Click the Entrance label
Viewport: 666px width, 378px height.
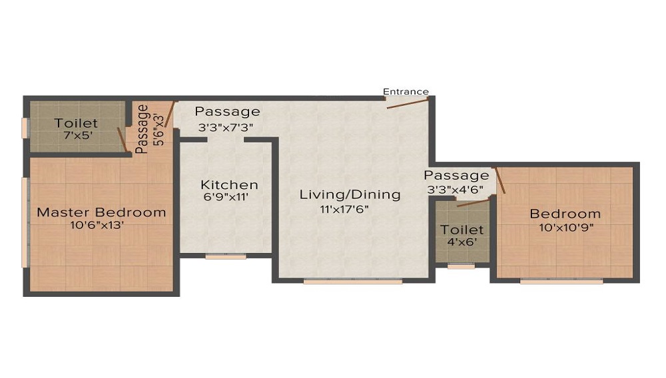pos(406,92)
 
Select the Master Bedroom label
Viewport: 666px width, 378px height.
pos(101,212)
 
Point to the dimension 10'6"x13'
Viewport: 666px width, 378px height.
pos(101,226)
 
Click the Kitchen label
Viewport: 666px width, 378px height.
pos(229,184)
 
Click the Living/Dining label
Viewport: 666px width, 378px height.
pos(350,194)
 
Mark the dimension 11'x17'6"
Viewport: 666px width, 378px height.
pos(344,208)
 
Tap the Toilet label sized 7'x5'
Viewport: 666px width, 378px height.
pos(76,123)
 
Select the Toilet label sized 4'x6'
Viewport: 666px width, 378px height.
pos(462,230)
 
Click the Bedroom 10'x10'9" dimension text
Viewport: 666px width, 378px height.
pos(565,227)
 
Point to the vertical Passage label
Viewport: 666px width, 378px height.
pos(142,129)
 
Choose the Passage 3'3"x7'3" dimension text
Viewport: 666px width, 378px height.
pos(226,126)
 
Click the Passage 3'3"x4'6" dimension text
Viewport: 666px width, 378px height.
pos(456,189)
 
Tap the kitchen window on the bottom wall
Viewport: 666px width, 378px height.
pos(226,256)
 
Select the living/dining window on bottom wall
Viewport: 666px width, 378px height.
pos(353,282)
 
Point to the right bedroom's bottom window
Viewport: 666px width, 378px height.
pos(561,282)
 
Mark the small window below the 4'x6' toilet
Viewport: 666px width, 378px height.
pos(461,266)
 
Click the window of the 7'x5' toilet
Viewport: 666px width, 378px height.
pos(25,128)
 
